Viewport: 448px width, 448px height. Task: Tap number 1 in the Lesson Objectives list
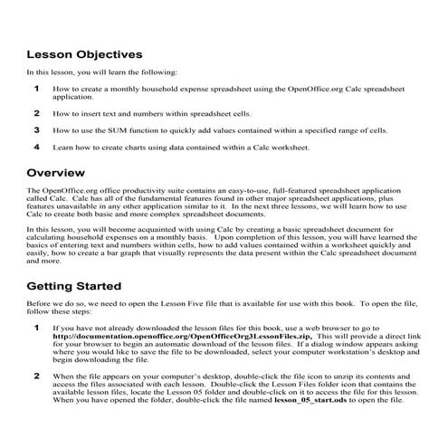pyautogui.click(x=36, y=89)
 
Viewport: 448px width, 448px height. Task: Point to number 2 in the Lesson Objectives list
pyautogui.click(x=36, y=113)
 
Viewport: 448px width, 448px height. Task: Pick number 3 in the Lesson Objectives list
pyautogui.click(x=36, y=129)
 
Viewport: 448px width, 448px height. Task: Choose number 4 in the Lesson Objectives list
pyautogui.click(x=36, y=146)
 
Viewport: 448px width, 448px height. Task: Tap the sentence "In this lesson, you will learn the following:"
pyautogui.click(x=101, y=71)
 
